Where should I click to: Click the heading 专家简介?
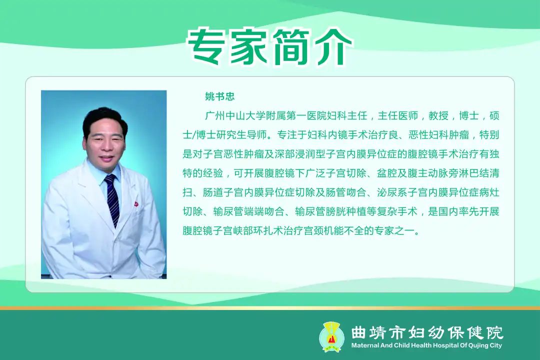point(269,46)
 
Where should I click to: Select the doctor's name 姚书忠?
point(219,96)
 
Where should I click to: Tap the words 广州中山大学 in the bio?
point(235,116)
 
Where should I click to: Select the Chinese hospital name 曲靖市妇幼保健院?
point(427,332)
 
